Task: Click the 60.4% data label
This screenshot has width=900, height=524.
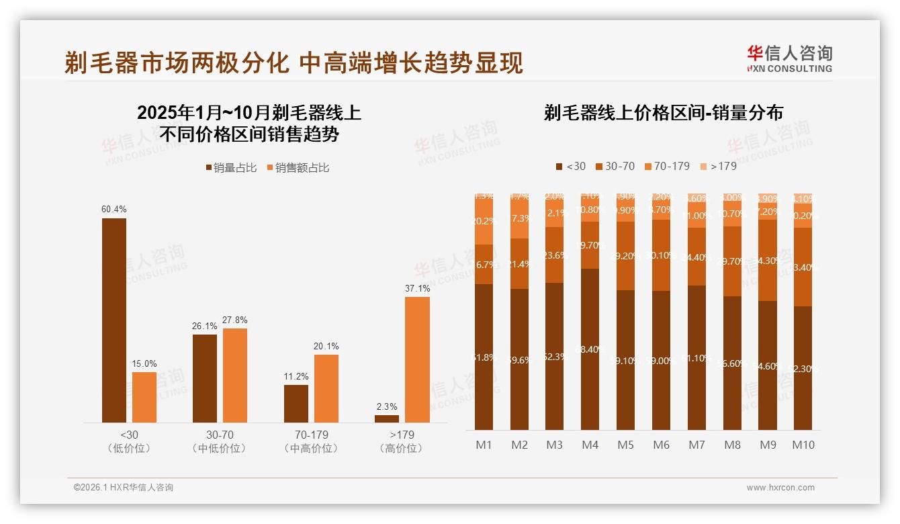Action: (114, 210)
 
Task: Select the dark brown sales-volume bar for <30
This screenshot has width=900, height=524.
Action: (114, 320)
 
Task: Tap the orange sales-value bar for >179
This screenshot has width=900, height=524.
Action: (417, 359)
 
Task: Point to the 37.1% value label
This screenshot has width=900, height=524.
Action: (417, 288)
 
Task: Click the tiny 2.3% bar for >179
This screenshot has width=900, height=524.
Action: (387, 419)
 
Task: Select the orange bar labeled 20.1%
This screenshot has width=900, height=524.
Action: (326, 388)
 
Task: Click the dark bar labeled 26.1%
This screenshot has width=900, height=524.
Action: (205, 378)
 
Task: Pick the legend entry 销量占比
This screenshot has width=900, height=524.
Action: (231, 168)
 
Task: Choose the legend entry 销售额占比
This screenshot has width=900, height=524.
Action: (298, 168)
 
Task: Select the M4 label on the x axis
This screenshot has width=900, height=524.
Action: (590, 445)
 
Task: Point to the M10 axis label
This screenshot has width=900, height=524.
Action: (803, 445)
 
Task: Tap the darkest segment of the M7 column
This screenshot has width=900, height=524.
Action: (696, 357)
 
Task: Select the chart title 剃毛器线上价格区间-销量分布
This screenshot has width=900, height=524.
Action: (663, 113)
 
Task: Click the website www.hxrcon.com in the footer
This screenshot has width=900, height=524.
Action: (780, 488)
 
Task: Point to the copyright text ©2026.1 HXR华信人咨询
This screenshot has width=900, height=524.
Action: (124, 488)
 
